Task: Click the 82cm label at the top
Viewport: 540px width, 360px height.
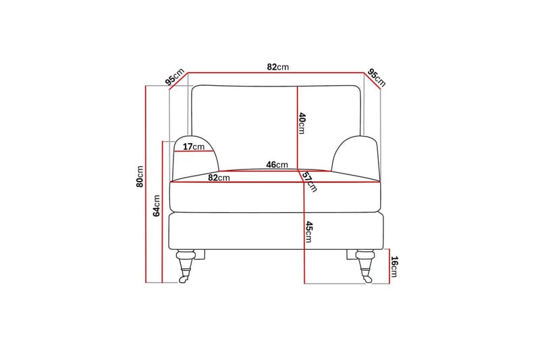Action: point(277,67)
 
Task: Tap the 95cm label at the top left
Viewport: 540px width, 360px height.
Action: point(175,77)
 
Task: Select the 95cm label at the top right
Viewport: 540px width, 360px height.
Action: point(377,78)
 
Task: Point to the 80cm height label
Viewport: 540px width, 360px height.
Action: point(140,176)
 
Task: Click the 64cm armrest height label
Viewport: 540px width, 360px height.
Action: point(157,205)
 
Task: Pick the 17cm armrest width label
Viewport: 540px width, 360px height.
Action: point(194,147)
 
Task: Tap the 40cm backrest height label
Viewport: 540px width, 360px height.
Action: point(301,123)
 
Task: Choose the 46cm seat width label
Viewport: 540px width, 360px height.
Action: point(277,165)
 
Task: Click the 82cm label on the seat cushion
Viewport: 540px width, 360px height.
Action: point(219,178)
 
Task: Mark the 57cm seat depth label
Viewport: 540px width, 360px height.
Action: point(309,182)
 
